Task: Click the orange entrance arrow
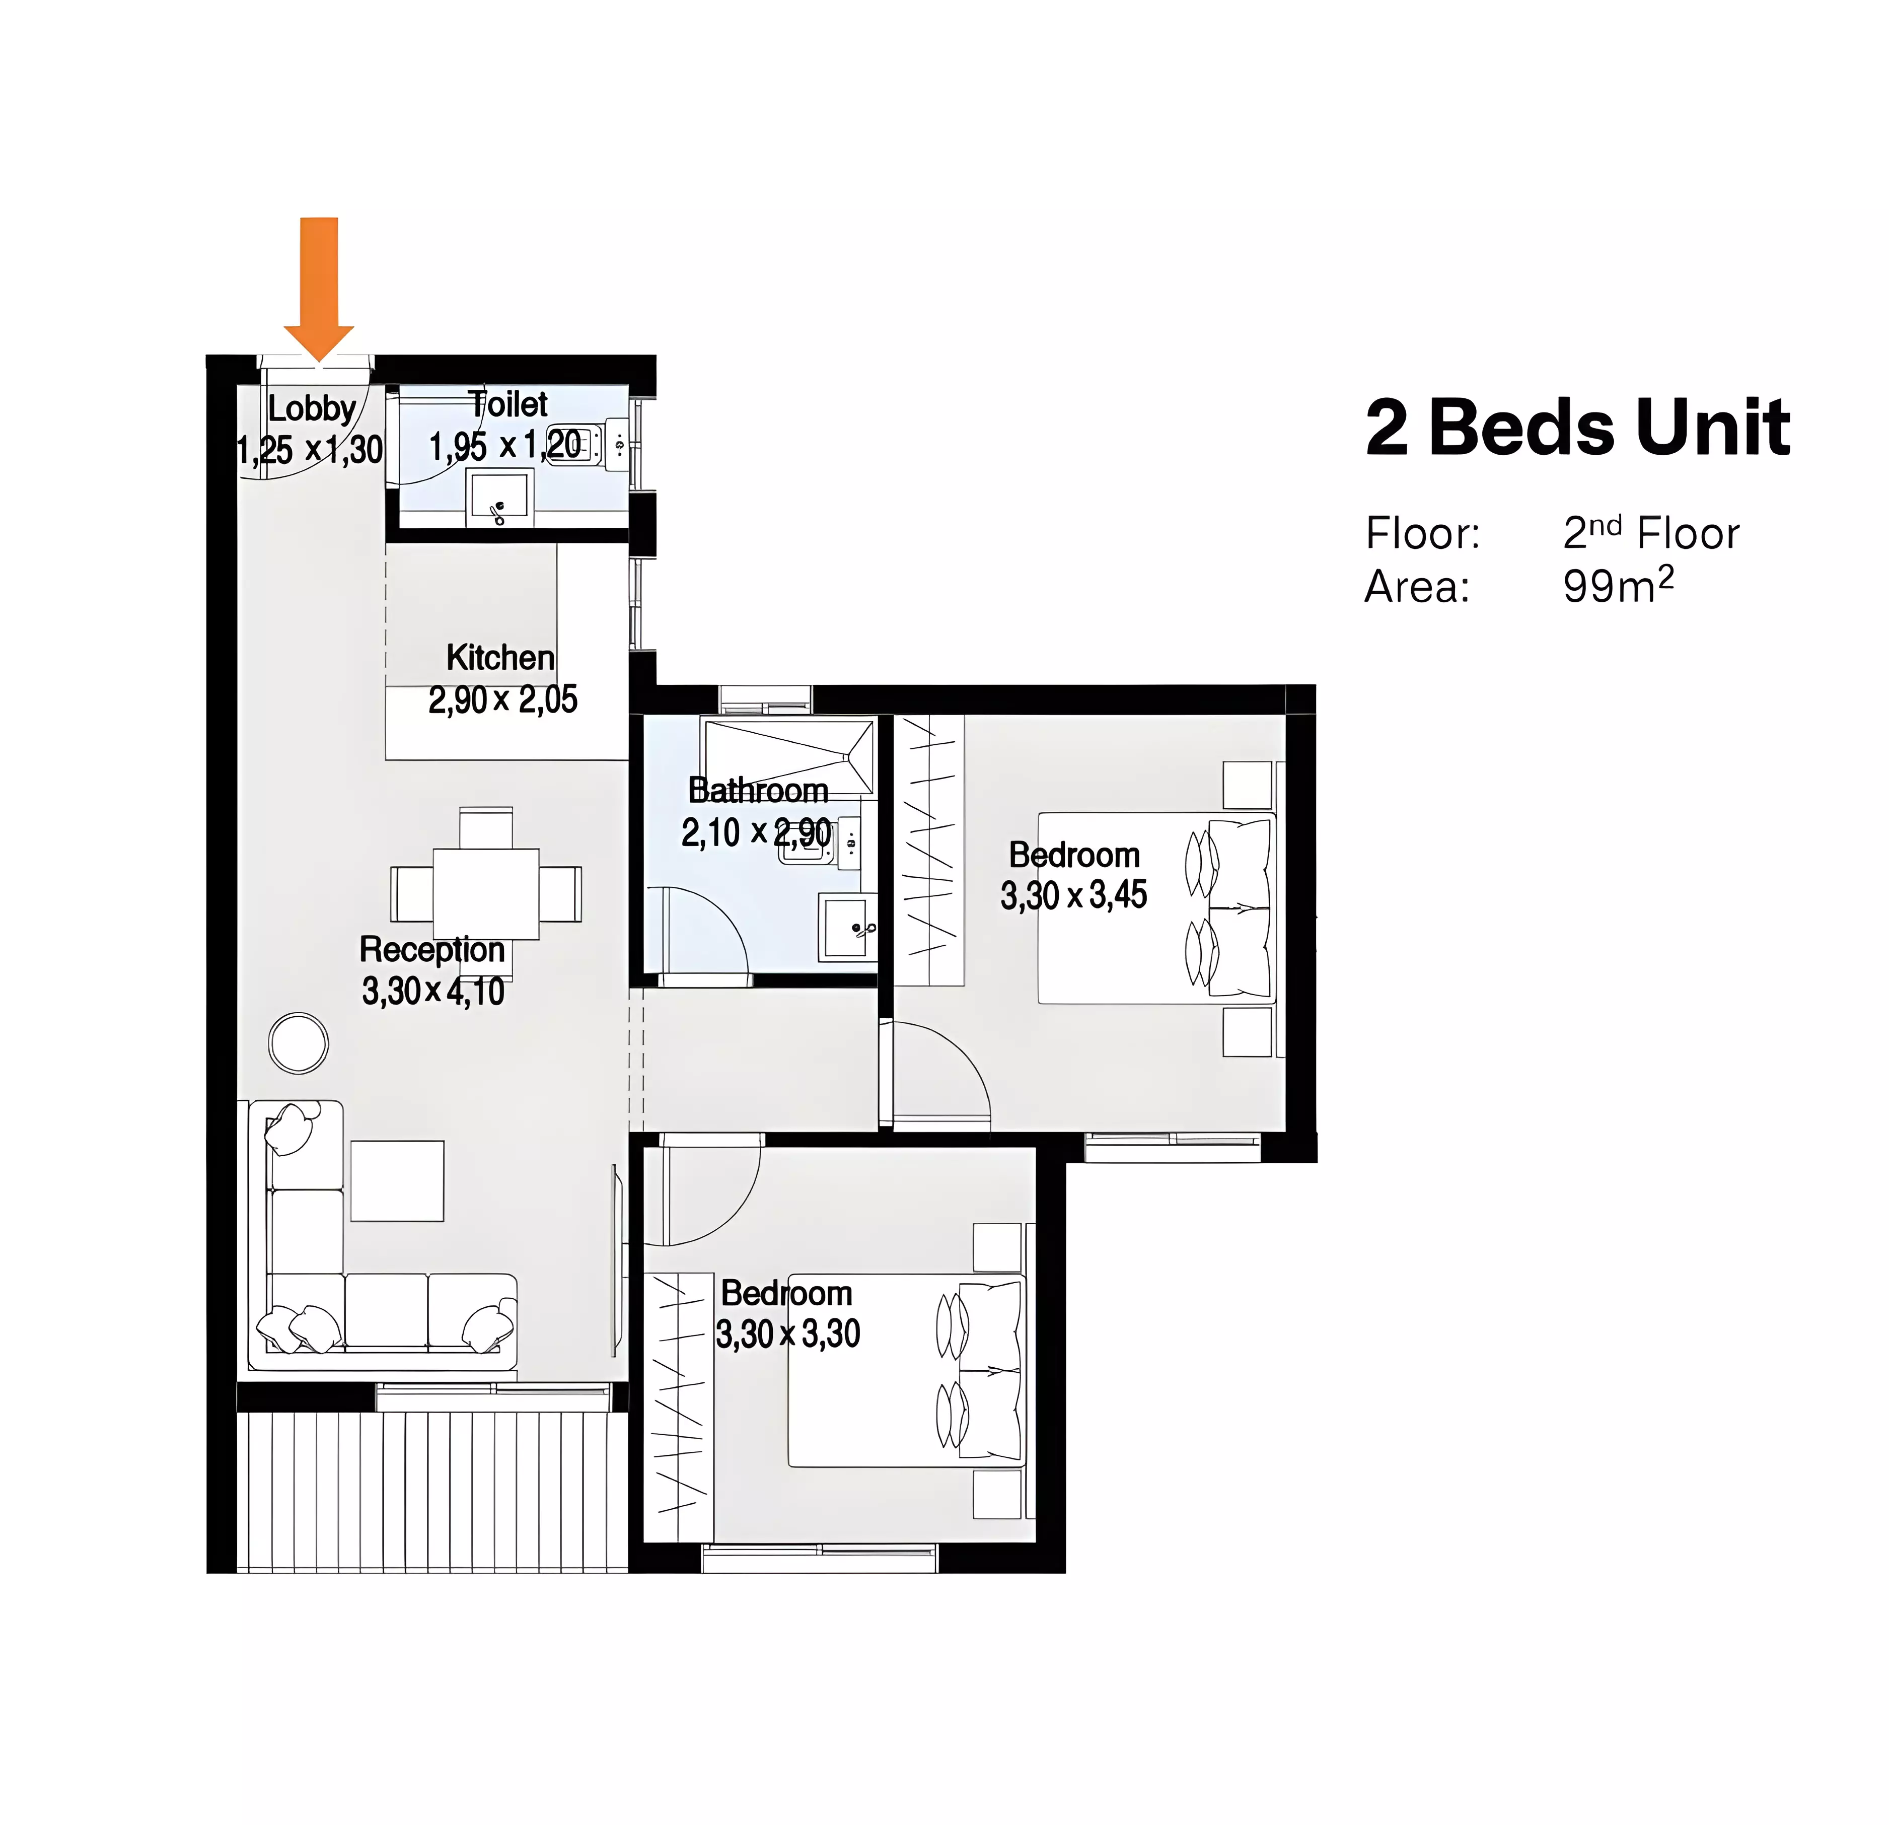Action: pos(319,289)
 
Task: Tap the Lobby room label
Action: pos(311,408)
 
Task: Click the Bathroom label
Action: pos(759,791)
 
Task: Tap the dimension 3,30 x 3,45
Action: pos(1074,895)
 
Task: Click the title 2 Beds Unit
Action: pos(1578,427)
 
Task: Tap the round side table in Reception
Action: pos(299,1043)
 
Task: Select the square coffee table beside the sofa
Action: pos(397,1181)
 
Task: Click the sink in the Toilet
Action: pos(499,498)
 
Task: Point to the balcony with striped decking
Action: pos(432,1493)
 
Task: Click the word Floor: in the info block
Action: pos(1422,533)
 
